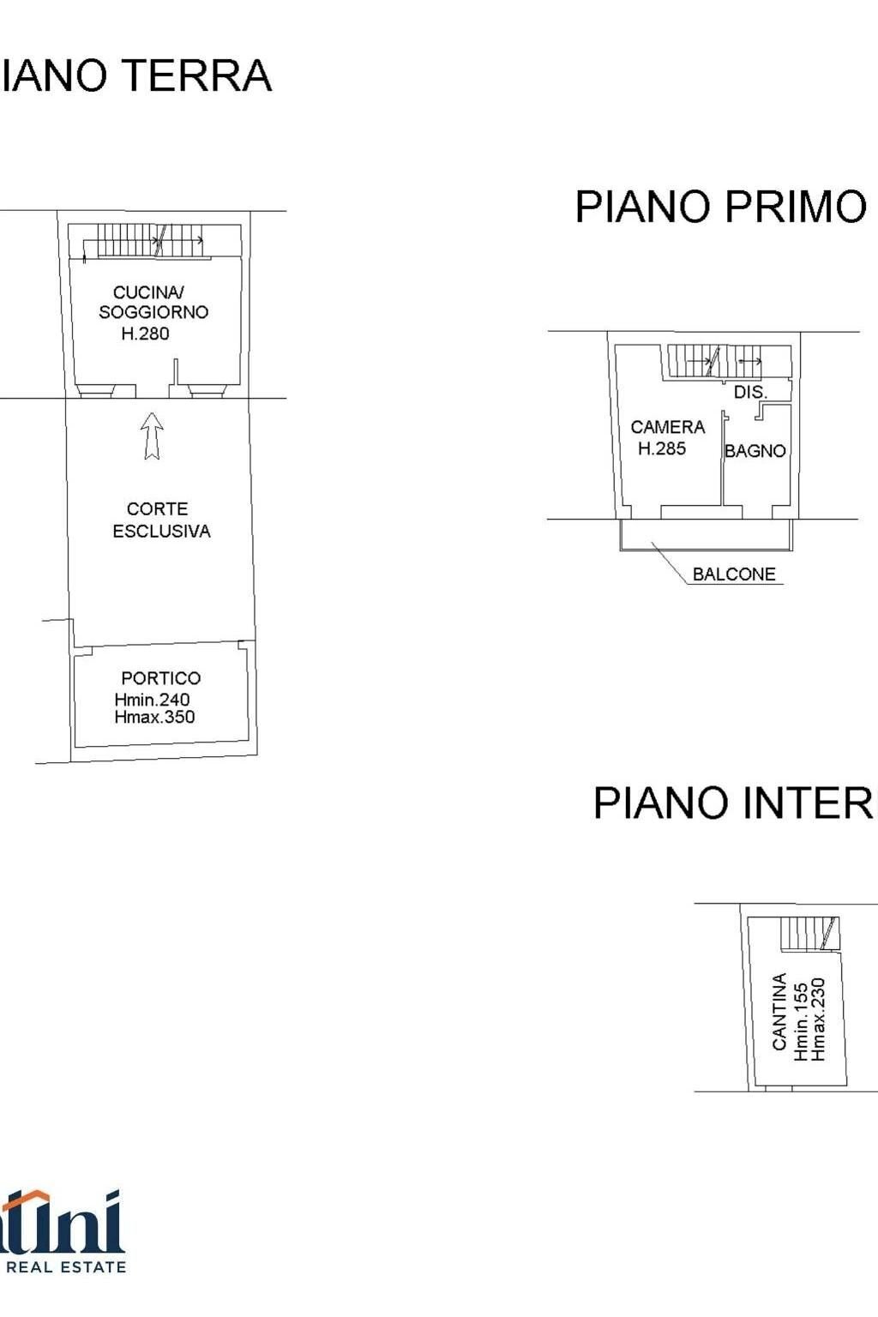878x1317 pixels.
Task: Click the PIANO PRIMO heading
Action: click(x=720, y=207)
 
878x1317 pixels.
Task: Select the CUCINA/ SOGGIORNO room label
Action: click(x=153, y=303)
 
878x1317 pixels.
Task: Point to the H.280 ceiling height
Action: click(x=145, y=334)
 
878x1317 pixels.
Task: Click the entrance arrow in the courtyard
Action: click(x=152, y=435)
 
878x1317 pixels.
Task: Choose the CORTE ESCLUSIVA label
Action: click(x=160, y=520)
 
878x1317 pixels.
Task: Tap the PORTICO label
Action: click(x=160, y=678)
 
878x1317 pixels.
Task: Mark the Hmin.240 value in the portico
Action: click(x=152, y=700)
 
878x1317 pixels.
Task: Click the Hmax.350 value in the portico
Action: click(x=154, y=718)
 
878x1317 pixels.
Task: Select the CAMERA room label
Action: click(x=667, y=427)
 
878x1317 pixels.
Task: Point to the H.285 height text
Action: click(x=661, y=448)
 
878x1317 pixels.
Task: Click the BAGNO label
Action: click(x=755, y=451)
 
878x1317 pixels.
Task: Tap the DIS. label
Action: click(x=749, y=393)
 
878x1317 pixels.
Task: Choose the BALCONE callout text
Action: click(x=733, y=574)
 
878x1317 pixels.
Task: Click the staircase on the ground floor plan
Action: click(x=150, y=240)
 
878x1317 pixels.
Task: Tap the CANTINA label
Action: click(x=779, y=1011)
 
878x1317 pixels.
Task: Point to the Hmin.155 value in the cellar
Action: click(x=800, y=1021)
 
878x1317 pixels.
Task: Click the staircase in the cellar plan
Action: click(x=809, y=933)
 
